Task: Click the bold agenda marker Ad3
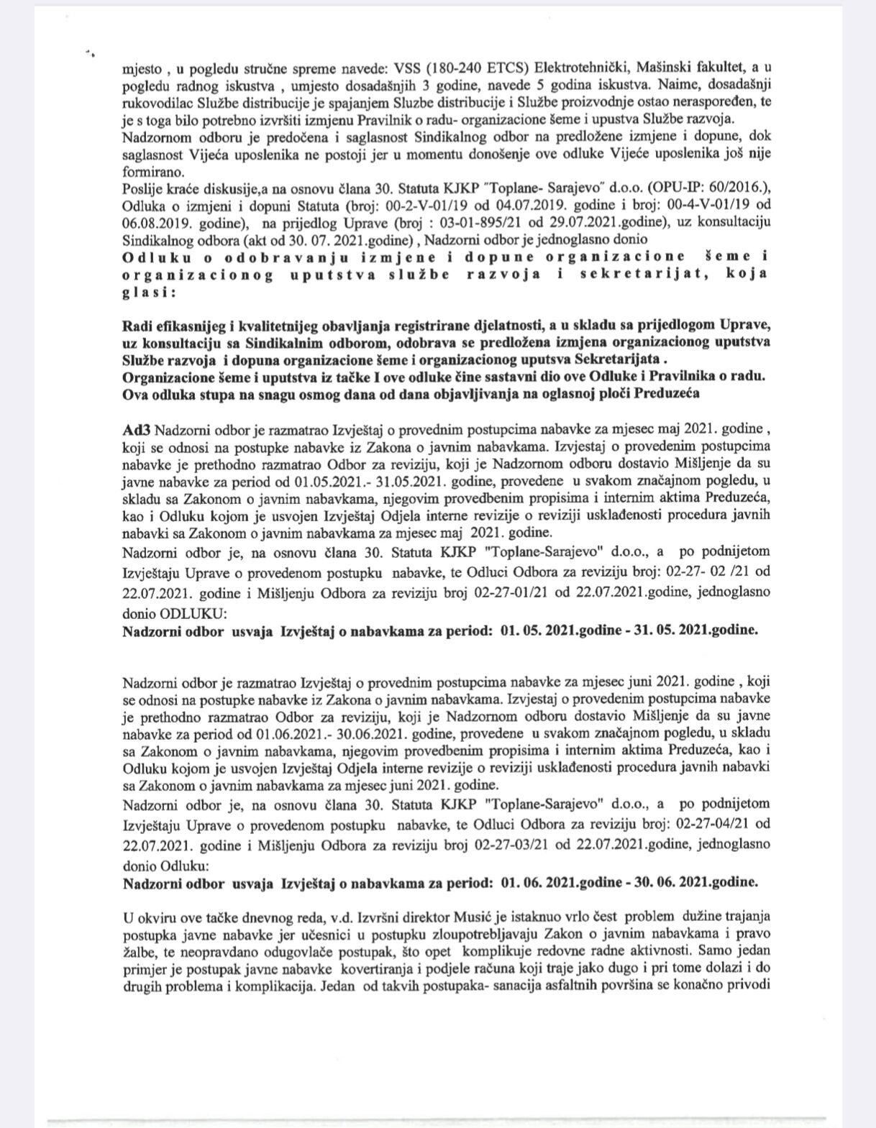click(136, 430)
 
